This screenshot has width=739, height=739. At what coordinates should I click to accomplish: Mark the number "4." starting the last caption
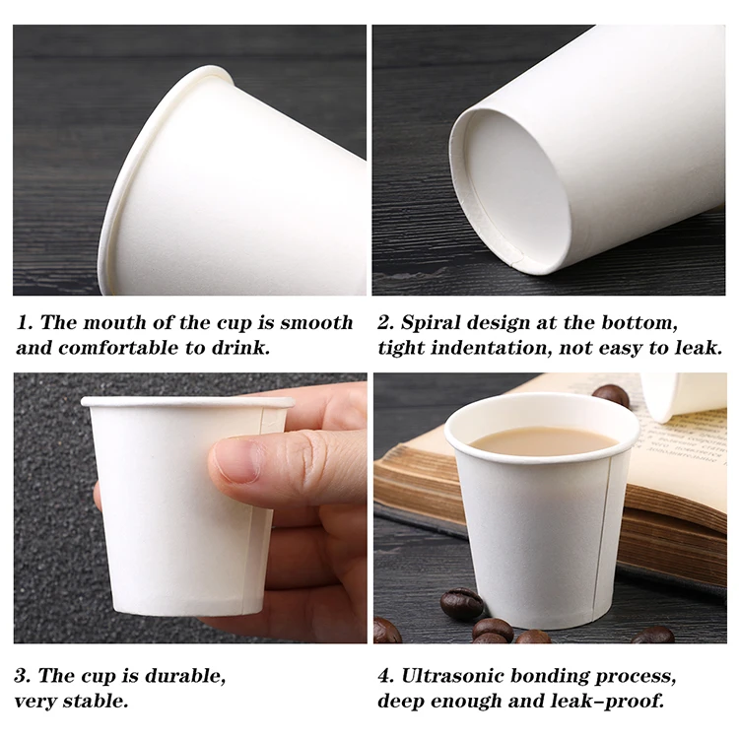[x=386, y=677]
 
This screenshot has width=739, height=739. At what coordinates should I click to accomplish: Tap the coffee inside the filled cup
[x=542, y=439]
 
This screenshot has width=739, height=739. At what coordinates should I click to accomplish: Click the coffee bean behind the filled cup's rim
[x=612, y=395]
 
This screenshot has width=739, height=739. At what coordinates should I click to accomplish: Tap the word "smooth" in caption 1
[x=315, y=323]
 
